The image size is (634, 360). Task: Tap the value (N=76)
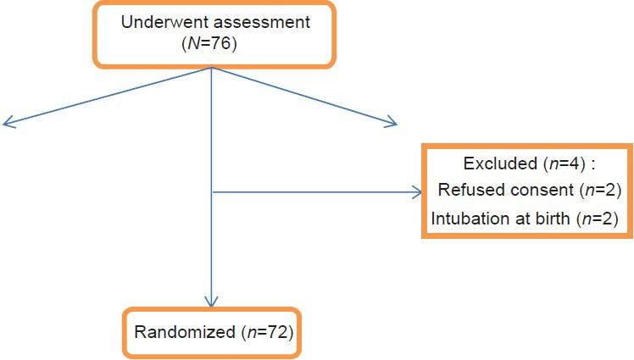pos(210,44)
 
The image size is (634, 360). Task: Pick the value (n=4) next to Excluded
pos(559,163)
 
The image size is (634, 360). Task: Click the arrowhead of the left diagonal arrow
pos(7,124)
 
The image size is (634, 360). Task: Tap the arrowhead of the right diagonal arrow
pos(392,124)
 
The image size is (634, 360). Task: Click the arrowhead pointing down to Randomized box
pos(210,302)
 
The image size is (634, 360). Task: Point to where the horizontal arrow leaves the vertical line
pos(210,193)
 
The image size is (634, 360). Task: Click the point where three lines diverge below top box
pos(210,69)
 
